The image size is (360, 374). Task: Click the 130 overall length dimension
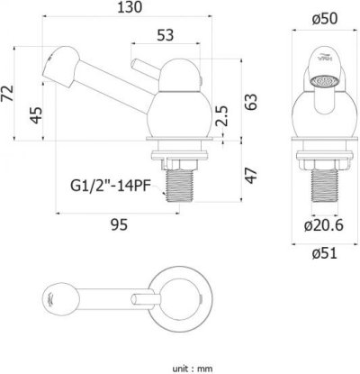pos(130,7)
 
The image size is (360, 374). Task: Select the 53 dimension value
pos(166,35)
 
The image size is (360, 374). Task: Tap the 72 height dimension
pos(7,94)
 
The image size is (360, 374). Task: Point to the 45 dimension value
pos(36,115)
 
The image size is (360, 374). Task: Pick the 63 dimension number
pos(251,102)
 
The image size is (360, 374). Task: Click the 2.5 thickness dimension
pos(222,115)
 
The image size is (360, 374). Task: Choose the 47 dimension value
pos(251,176)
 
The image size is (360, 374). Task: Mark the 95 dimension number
pos(120,224)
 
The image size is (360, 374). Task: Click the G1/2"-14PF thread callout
pos(110,187)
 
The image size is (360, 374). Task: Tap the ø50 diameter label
pos(325,20)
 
